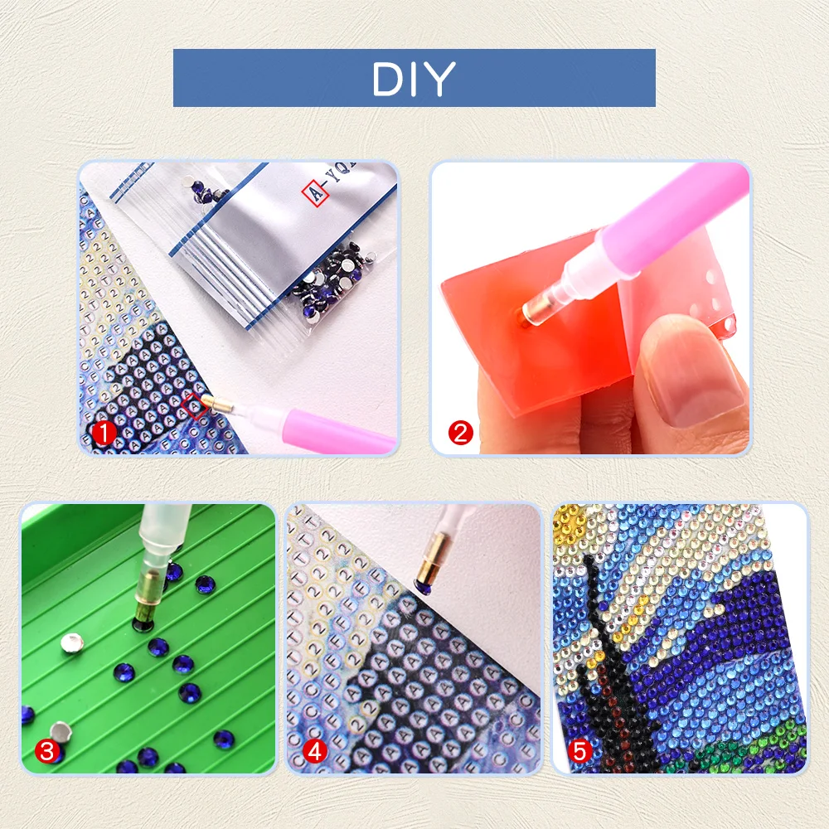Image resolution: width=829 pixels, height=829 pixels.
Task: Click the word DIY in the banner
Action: point(414,79)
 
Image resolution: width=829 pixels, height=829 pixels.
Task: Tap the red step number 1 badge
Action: point(103,433)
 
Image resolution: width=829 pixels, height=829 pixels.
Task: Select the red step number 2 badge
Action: point(460,433)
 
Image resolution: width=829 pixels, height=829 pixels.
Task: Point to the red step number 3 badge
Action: point(47,752)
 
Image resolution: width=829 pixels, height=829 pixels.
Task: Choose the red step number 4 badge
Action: point(314,752)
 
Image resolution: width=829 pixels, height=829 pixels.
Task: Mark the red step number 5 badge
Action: point(580,752)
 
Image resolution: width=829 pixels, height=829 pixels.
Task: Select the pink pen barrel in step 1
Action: point(332,431)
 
